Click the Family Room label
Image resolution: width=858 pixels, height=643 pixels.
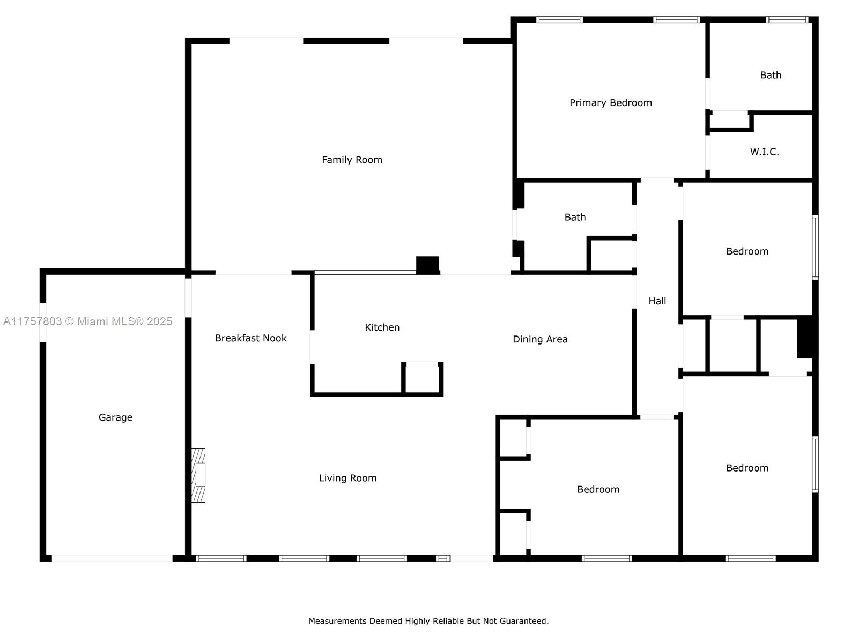point(352,160)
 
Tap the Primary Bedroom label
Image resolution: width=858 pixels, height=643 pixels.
point(611,103)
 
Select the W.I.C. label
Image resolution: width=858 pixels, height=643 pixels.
point(765,152)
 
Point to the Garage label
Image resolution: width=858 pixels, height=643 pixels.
point(115,418)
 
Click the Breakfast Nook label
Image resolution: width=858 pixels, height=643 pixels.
point(250,338)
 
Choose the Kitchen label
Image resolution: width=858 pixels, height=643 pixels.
point(382,327)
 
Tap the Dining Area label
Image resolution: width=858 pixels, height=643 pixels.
point(540,340)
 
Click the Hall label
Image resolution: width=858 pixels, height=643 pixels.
point(657,301)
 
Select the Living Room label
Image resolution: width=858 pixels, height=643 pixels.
point(347,478)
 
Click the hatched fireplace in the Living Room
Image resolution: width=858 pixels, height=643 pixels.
point(198,475)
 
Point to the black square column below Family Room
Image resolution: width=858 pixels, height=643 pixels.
point(427,265)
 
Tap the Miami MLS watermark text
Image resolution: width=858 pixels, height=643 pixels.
point(87,322)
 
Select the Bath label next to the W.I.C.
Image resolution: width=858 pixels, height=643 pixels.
point(771,76)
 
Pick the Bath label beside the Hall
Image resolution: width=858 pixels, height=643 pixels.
point(575,218)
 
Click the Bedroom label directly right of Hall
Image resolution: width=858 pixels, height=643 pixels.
point(747,251)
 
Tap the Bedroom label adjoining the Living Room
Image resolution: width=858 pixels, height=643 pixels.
point(598,490)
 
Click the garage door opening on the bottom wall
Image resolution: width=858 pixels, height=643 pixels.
point(112,558)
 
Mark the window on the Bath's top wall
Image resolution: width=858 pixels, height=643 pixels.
point(787,19)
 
